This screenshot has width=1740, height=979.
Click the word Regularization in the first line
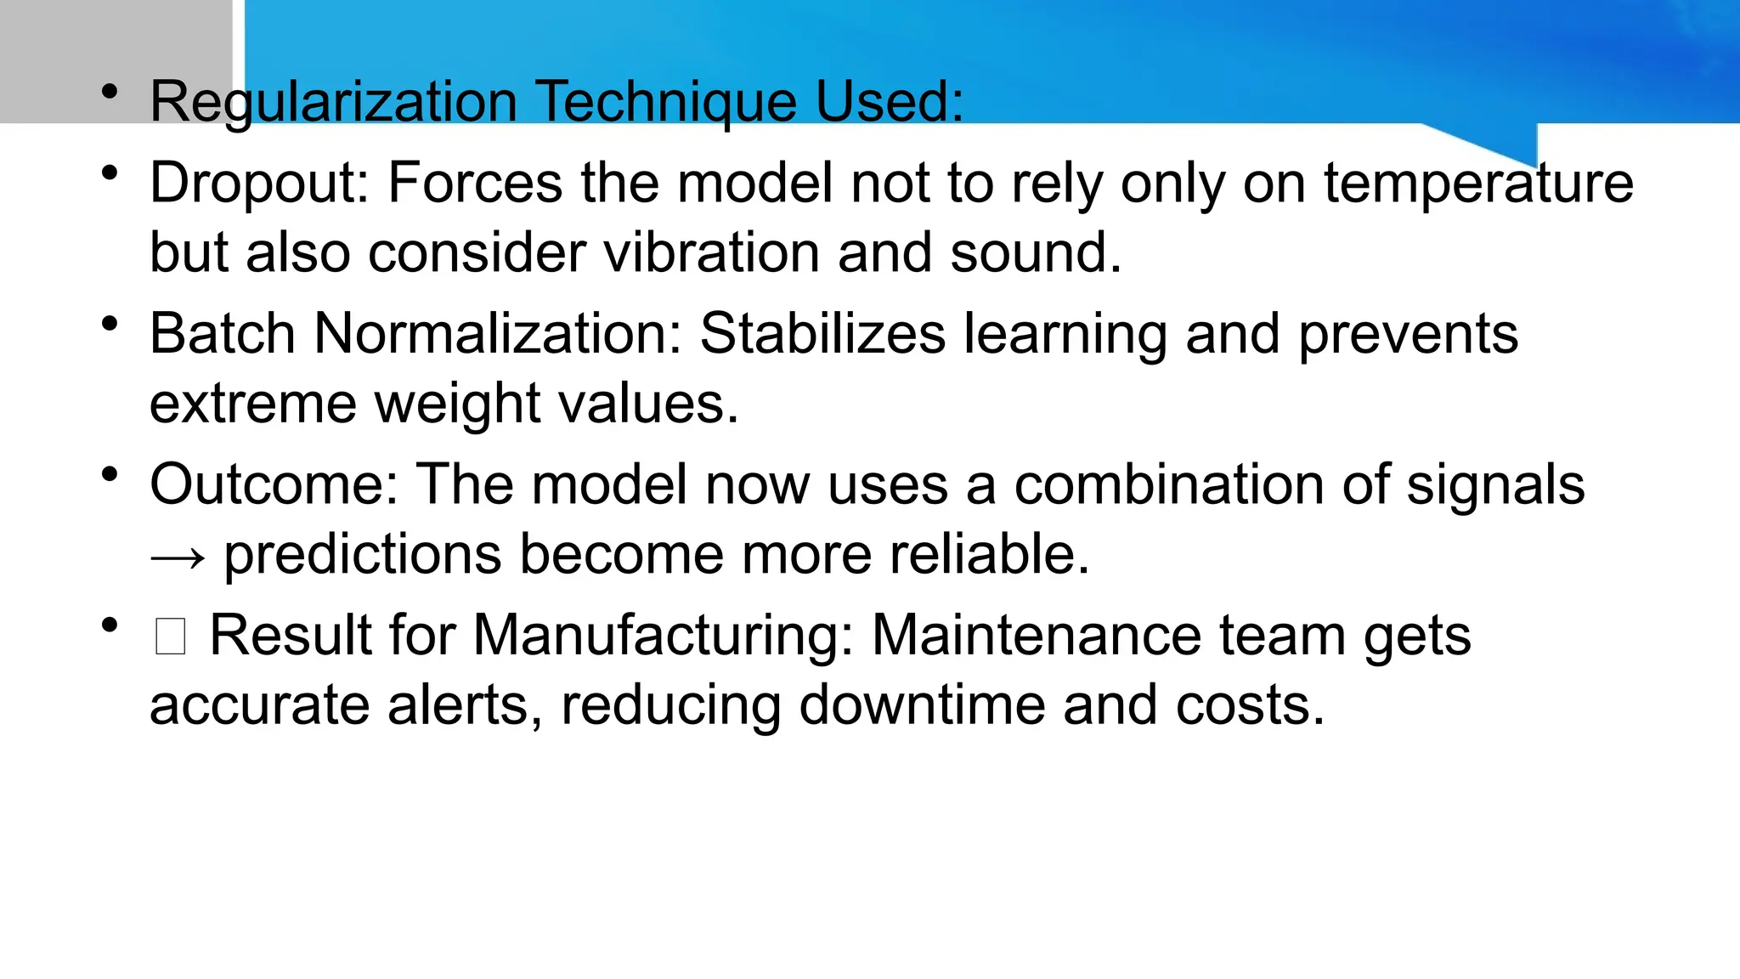click(x=333, y=102)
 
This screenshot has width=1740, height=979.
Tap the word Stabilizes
click(x=822, y=333)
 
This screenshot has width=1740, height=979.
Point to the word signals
click(x=1495, y=486)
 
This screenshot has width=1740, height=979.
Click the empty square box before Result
click(x=170, y=637)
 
